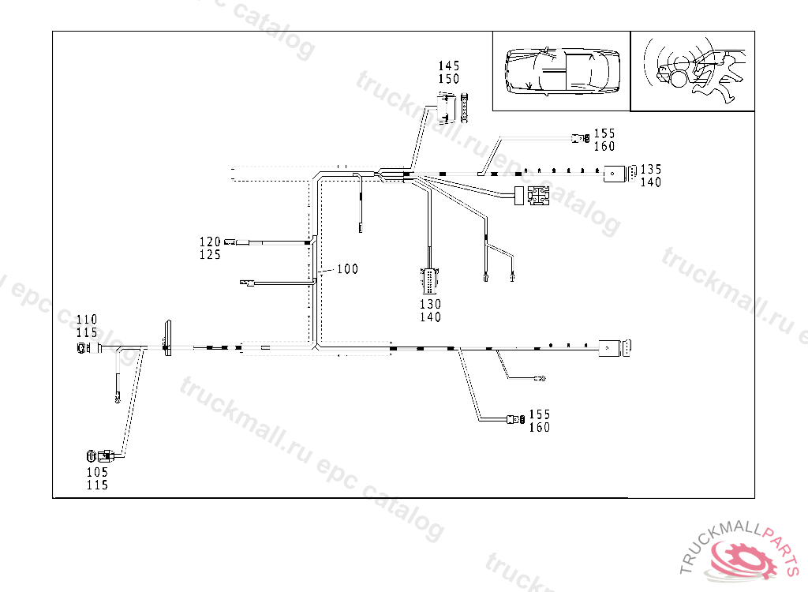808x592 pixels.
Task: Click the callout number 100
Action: point(347,269)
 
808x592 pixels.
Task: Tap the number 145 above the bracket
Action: point(449,66)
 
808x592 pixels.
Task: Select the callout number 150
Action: point(449,79)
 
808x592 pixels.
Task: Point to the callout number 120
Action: point(210,242)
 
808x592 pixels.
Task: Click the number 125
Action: point(210,254)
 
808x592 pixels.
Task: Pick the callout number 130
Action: point(430,304)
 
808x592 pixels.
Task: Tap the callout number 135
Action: point(651,169)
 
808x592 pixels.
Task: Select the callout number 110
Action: point(88,320)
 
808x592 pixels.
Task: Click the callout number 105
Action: point(97,472)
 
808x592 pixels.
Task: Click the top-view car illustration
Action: point(562,70)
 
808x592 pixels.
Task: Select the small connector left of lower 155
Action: point(517,419)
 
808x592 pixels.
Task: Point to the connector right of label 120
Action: point(231,242)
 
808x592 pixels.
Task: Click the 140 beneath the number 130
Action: point(430,317)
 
